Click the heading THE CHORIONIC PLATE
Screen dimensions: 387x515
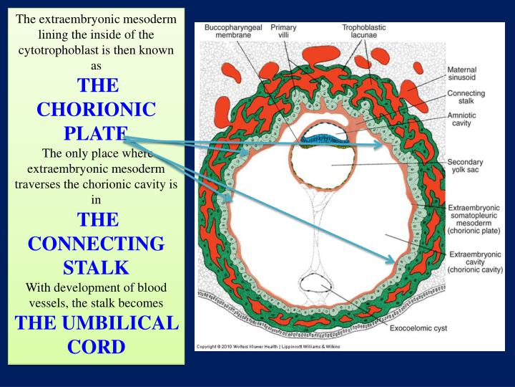coord(96,110)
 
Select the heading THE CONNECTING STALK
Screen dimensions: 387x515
coord(96,243)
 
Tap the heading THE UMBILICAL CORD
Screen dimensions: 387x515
coord(96,334)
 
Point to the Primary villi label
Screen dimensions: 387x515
coord(283,32)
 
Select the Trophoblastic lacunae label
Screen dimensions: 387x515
coord(363,32)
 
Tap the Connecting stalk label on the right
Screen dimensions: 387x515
coord(466,97)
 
